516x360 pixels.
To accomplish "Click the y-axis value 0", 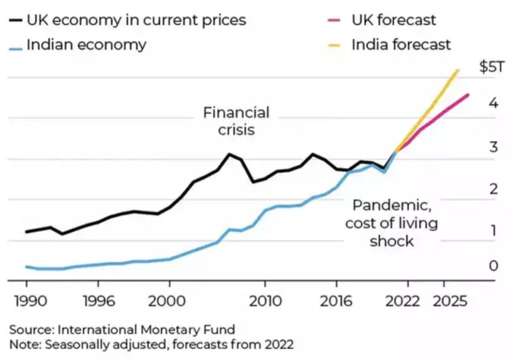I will [x=493, y=265].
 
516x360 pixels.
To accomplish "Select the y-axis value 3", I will [x=493, y=147].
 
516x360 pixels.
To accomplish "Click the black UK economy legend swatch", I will [x=15, y=21].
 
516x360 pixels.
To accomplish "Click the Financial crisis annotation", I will [x=236, y=120].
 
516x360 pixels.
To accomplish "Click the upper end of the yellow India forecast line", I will [x=458, y=70].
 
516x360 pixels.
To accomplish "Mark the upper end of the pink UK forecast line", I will [x=469, y=95].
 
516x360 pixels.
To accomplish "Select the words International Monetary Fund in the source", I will [x=146, y=330].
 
